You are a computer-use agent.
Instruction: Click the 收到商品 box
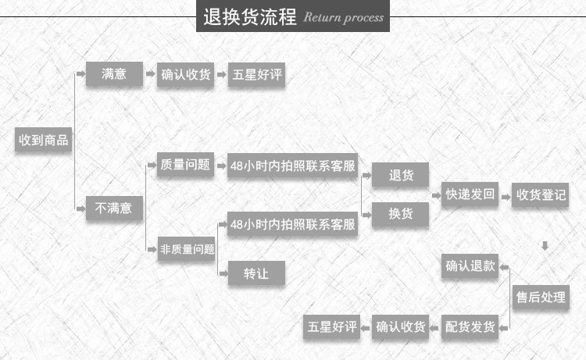coord(45,141)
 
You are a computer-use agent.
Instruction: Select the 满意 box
coord(114,75)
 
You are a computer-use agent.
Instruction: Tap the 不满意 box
coord(114,209)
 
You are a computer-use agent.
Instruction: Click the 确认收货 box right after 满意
coord(186,75)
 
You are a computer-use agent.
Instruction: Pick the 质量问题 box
coord(185,165)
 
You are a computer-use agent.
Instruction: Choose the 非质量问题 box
coord(187,249)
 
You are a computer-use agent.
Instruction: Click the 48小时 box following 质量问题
coord(292,166)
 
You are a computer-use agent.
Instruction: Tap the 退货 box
coord(401,176)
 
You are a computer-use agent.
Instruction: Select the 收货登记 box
coord(541,194)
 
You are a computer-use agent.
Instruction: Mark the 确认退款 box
coord(470,266)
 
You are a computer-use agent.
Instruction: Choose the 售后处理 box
coord(541,297)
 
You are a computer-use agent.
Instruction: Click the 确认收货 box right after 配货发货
coord(401,326)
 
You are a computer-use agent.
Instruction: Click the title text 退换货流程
coord(249,16)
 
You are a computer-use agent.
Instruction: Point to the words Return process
coord(343,17)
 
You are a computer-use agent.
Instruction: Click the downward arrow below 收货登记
coord(545,246)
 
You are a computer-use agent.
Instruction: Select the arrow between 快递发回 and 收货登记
coord(505,194)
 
